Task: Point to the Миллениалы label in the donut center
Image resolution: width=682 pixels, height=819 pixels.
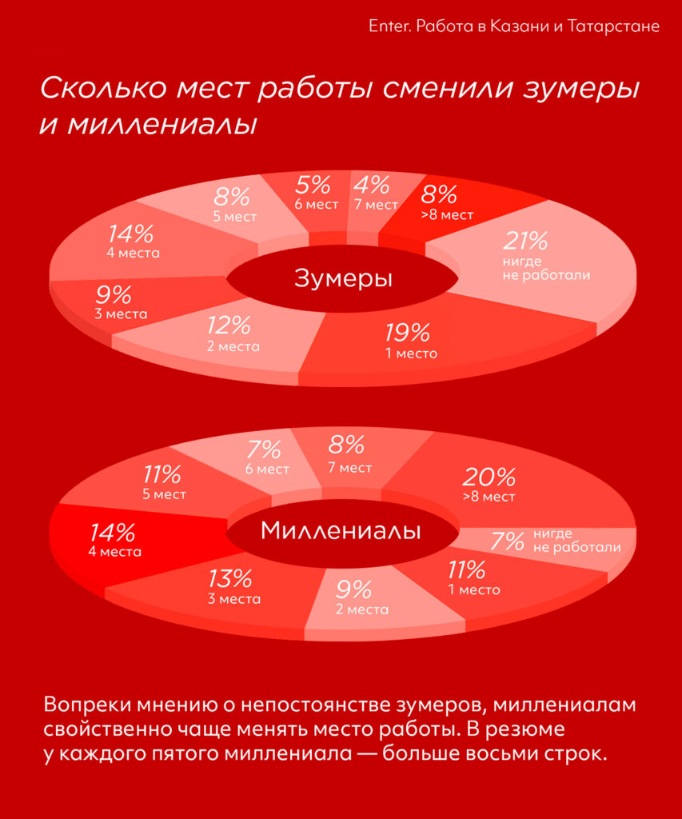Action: point(341,530)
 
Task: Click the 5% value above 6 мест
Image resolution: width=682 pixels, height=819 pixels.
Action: point(313,186)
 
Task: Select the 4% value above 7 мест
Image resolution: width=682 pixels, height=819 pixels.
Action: point(372,185)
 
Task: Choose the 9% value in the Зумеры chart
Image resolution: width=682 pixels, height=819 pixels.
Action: point(113,294)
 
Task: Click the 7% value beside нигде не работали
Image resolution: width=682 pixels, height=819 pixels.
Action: point(507,541)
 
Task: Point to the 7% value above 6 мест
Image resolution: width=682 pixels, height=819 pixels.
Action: point(264,449)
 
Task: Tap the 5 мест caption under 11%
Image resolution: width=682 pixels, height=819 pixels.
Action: point(164,494)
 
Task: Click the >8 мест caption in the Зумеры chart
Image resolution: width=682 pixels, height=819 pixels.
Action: point(447,214)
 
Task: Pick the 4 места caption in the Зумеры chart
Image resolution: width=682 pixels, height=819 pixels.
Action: point(133,253)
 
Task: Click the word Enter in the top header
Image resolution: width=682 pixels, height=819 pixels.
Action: point(387,26)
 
